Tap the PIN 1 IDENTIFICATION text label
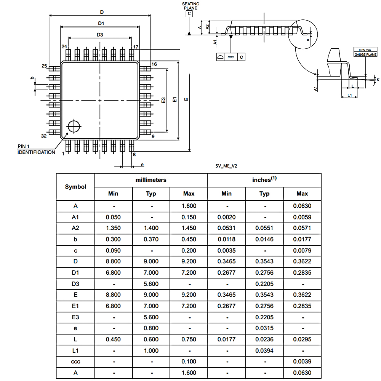coord(36,149)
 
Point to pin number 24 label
coord(64,46)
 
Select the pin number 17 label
coord(136,46)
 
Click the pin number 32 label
coord(43,136)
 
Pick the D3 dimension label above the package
coord(100,35)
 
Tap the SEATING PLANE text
coord(190,6)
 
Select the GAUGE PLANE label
coord(365,54)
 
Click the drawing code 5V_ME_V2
coord(226,166)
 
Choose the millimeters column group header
coord(151,180)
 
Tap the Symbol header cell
coord(75,187)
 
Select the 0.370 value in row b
coord(151,239)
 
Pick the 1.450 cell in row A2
coord(189,228)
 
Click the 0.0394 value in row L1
coord(264,351)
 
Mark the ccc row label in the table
coord(75,362)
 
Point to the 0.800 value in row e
coord(151,328)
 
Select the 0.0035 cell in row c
coord(226,250)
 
